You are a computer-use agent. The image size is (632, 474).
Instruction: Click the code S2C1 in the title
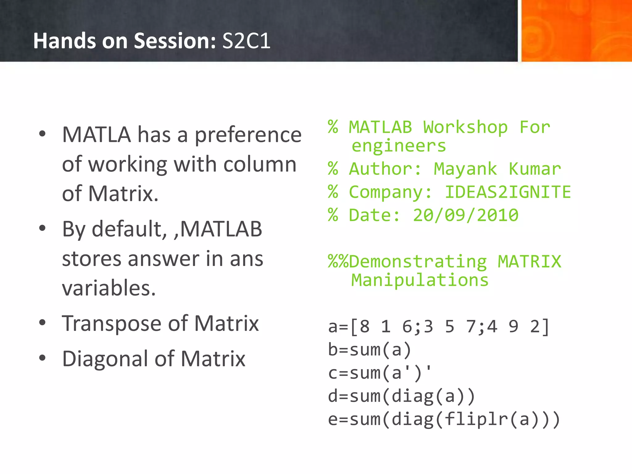[x=246, y=41]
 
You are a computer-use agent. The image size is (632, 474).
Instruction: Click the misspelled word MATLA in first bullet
[x=96, y=135]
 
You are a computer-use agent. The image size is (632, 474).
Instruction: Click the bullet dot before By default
[x=42, y=228]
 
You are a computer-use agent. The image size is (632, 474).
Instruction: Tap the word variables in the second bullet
[x=109, y=288]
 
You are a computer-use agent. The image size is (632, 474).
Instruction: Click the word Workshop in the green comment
[x=465, y=127]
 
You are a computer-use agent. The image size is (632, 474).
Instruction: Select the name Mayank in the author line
[x=465, y=169]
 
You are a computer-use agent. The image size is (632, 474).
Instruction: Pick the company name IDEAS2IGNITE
[x=508, y=192]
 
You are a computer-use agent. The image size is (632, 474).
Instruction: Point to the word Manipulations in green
[x=420, y=280]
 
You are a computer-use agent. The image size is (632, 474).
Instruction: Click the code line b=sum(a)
[x=369, y=350]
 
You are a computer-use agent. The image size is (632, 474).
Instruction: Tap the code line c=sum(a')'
[x=379, y=372]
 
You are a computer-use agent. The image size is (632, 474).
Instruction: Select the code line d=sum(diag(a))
[x=401, y=396]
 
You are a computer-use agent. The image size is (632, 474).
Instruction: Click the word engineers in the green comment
[x=399, y=146]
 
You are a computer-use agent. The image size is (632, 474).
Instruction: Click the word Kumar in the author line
[x=535, y=169]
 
